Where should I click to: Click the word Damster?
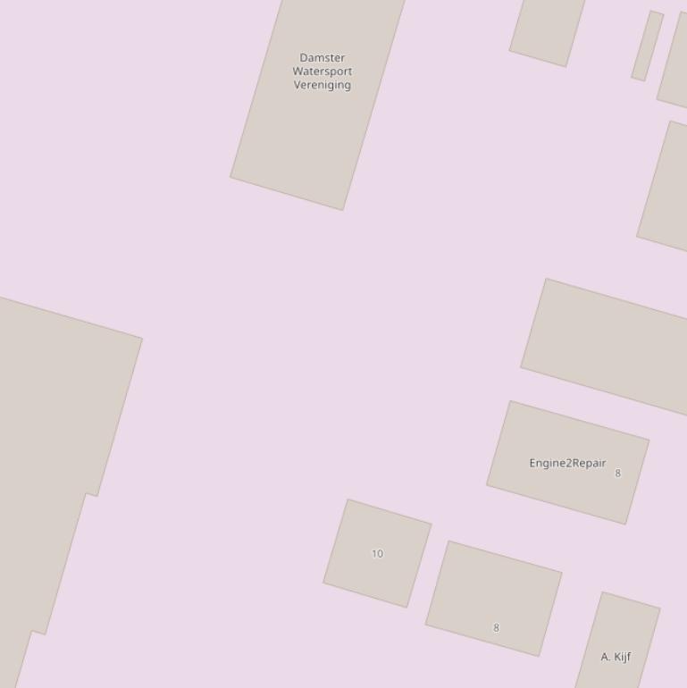[x=322, y=58]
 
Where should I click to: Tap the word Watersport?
[x=322, y=71]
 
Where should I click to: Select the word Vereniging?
[x=322, y=85]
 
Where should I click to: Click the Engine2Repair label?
[x=567, y=463]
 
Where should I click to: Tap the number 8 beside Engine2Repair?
[x=617, y=474]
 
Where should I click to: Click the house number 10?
[x=377, y=554]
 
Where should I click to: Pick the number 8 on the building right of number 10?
[x=497, y=628]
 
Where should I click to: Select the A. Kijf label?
[x=616, y=657]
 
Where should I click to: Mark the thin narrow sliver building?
[x=648, y=46]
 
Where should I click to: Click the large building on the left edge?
[x=54, y=447]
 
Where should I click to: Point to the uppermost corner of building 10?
[x=348, y=499]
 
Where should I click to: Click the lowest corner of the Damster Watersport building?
[x=343, y=210]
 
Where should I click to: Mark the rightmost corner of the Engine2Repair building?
[x=649, y=440]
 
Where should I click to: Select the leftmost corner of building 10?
[x=323, y=583]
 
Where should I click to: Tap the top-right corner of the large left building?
[x=142, y=339]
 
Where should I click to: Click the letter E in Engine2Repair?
[x=533, y=463]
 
